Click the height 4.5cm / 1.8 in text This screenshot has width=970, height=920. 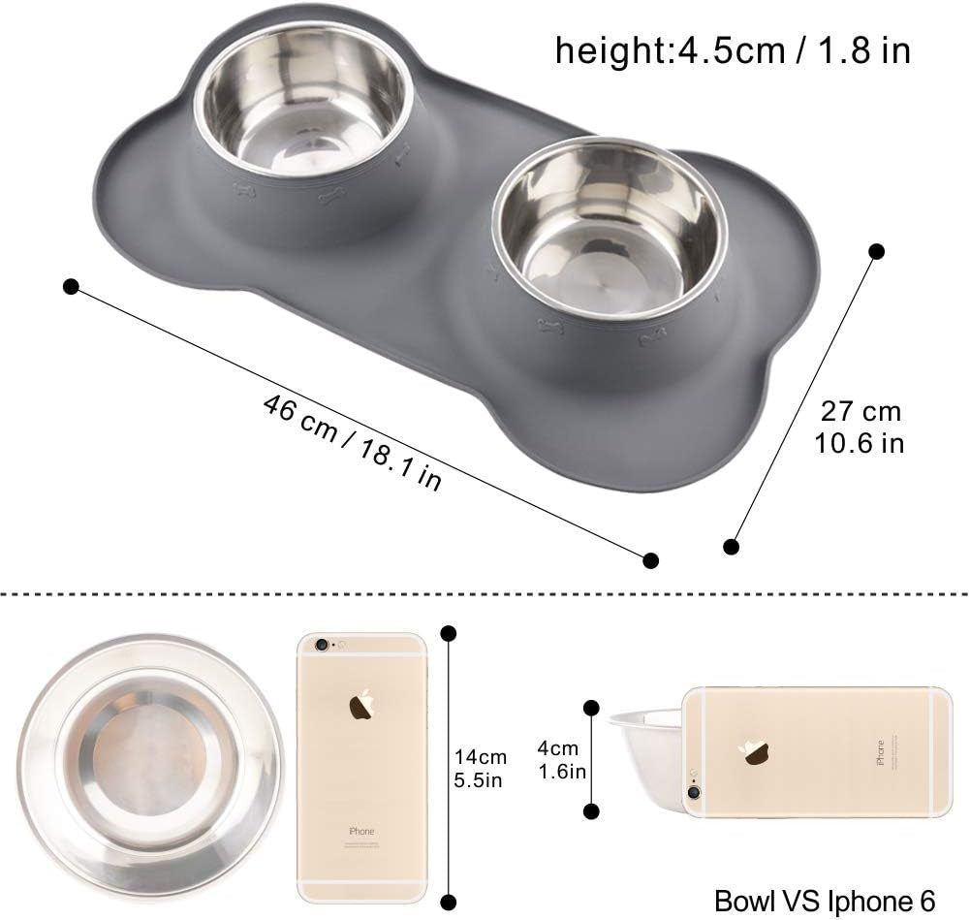tap(733, 50)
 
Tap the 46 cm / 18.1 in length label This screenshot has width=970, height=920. tap(353, 442)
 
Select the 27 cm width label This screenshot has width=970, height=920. tap(860, 411)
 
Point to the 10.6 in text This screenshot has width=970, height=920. tap(860, 443)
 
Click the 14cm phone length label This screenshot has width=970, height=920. tap(481, 757)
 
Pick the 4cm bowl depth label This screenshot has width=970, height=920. tap(557, 748)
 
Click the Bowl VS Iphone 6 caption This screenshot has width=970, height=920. tap(825, 902)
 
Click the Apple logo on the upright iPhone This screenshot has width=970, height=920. tap(361, 705)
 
